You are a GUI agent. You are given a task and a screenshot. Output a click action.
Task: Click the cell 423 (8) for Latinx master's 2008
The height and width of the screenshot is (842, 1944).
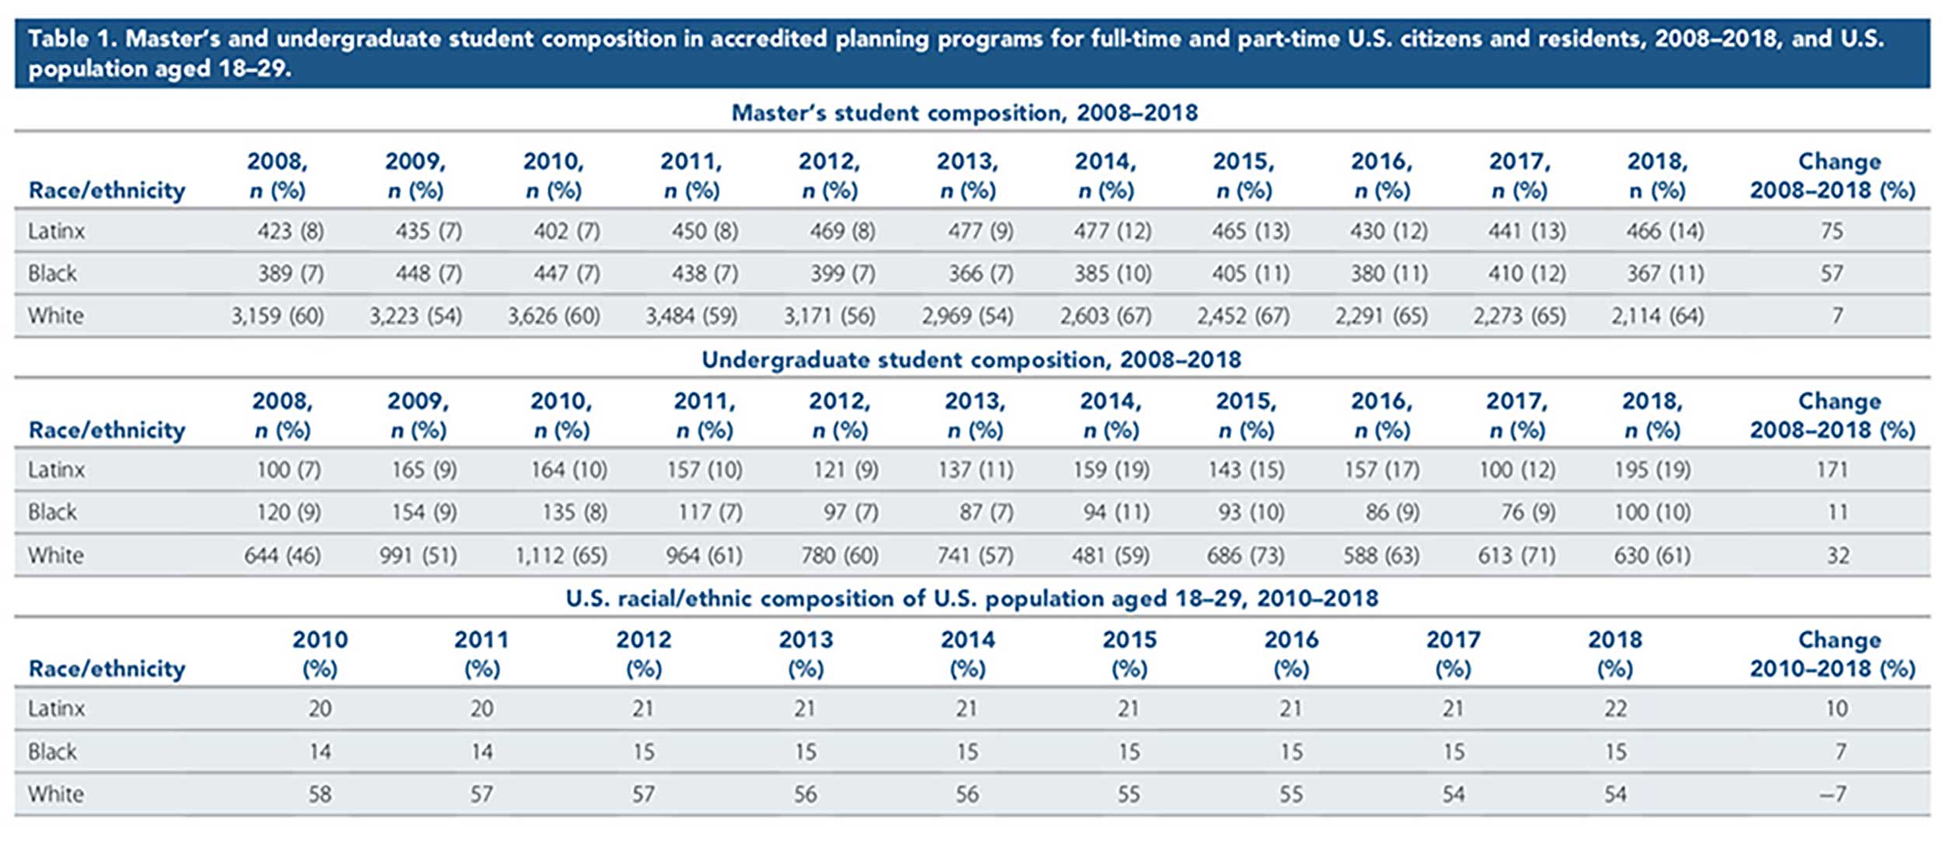[290, 231]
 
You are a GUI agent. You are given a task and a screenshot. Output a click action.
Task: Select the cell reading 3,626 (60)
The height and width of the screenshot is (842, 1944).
[553, 316]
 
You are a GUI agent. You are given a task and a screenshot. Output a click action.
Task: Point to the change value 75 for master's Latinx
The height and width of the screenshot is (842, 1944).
[1831, 231]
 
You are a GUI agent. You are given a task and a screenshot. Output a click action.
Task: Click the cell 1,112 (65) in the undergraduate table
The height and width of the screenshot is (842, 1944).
[561, 555]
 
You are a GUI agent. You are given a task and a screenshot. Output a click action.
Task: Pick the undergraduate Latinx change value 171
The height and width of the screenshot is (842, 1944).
[1831, 470]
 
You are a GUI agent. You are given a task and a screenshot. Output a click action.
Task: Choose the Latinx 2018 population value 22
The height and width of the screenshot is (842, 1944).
[1614, 708]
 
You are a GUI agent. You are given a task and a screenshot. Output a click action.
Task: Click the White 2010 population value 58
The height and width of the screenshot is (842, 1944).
[320, 794]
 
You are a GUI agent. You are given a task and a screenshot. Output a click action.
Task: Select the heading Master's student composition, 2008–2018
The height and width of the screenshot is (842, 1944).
[963, 114]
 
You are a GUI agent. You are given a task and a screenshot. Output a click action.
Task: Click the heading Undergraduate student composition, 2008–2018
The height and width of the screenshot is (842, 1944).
[970, 360]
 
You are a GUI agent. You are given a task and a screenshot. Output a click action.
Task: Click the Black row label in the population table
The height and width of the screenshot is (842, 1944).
[52, 752]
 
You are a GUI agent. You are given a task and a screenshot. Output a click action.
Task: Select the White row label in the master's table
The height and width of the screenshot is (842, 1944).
[55, 316]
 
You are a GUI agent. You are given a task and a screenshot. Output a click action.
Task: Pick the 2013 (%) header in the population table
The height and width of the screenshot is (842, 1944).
[806, 654]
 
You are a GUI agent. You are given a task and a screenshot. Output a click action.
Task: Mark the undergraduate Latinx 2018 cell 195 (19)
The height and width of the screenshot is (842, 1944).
[1652, 470]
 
